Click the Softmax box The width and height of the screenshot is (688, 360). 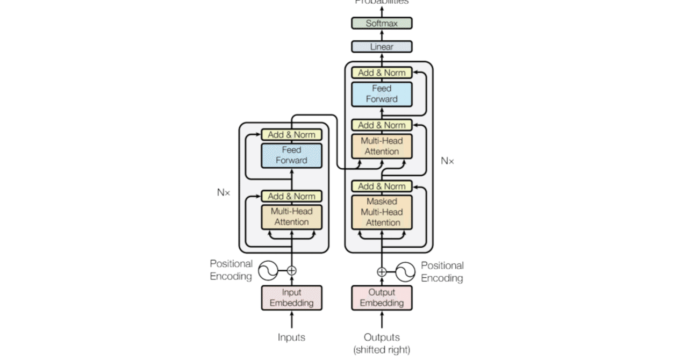tap(382, 23)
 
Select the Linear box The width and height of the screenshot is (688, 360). tap(382, 47)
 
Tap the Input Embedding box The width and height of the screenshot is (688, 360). tap(291, 298)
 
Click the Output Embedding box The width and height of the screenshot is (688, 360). tap(382, 298)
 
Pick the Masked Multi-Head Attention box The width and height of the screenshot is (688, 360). tap(382, 212)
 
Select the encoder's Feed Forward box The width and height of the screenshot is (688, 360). tap(291, 155)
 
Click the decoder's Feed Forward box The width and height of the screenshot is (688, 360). tap(382, 94)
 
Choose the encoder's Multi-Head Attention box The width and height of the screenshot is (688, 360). tap(291, 217)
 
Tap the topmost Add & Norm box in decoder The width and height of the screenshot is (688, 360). tap(382, 73)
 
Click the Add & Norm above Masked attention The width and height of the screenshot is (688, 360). tap(382, 186)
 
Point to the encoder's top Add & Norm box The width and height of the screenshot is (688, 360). tap(291, 135)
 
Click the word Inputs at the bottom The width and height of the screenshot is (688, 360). tap(291, 337)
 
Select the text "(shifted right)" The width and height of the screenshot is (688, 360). tap(382, 350)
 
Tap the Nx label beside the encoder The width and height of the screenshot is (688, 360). tap(224, 192)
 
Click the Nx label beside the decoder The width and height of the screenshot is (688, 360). tap(447, 161)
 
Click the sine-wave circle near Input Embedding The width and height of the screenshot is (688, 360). tap(268, 270)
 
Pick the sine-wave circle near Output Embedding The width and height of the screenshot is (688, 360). tap(405, 272)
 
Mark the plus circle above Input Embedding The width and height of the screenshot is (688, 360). tap(292, 270)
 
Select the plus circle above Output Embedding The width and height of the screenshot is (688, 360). tap(382, 272)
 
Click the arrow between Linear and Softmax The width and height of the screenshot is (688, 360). tap(382, 35)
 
